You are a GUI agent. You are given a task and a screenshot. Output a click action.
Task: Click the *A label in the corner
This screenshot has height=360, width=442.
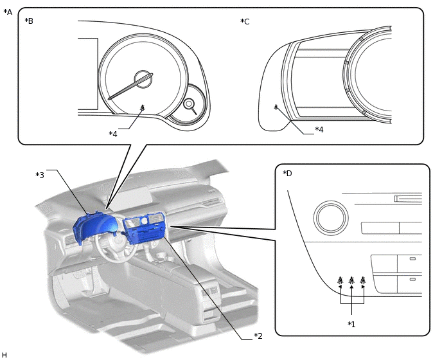tap(8, 12)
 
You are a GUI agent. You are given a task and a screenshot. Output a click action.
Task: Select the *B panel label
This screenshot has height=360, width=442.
tap(29, 21)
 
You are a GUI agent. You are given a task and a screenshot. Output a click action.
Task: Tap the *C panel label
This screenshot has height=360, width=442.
tap(245, 21)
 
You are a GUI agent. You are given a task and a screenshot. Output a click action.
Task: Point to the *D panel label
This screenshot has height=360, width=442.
tap(287, 174)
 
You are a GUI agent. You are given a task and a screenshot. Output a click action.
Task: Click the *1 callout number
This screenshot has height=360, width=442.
tap(351, 323)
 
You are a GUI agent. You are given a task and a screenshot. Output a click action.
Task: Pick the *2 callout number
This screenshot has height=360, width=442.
tap(258, 336)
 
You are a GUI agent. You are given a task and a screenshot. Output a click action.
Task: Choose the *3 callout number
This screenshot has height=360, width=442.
tap(40, 175)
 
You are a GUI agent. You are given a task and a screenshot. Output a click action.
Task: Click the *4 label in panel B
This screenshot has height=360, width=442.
tap(113, 134)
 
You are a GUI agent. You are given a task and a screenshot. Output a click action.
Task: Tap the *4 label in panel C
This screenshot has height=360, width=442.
tap(319, 129)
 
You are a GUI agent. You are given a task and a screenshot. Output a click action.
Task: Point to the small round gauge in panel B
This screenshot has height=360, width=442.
tap(190, 104)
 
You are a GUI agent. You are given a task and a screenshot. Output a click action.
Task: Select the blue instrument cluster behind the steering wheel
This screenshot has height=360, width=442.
tap(94, 224)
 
